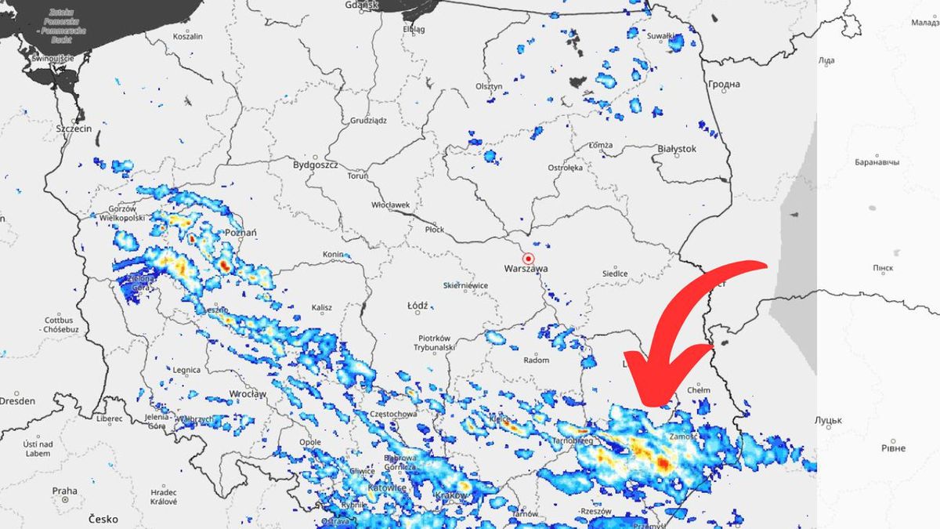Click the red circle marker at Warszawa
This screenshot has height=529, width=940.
coord(529,258)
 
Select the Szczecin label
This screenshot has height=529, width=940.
coord(74,128)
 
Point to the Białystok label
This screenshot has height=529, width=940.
coord(678,148)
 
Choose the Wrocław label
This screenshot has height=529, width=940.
coord(248,393)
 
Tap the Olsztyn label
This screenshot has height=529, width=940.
coord(488,86)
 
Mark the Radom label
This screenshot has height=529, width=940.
coord(536,360)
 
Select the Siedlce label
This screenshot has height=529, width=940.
coord(614,273)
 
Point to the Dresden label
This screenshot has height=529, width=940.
coord(17,400)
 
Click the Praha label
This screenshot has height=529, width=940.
coord(64,491)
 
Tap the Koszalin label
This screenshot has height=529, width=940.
coord(187,36)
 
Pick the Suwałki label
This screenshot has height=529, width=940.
coord(661,35)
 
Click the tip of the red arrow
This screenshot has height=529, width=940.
coord(647,403)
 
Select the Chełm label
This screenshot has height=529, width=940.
coord(697,390)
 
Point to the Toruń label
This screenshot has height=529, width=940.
coord(357,176)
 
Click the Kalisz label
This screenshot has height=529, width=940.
coord(321,308)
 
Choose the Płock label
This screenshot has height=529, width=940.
coord(434,229)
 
